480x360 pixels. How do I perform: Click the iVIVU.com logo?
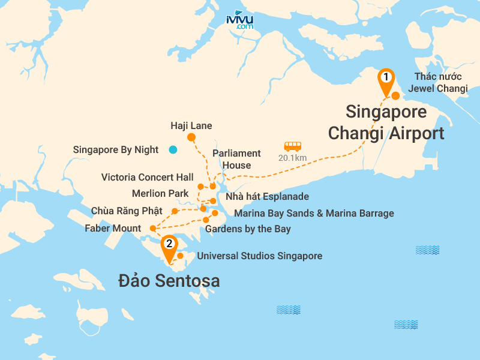(240, 20)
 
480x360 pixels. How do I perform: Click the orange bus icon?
(293, 146)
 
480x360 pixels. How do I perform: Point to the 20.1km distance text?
(293, 158)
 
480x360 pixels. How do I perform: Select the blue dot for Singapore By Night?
(173, 150)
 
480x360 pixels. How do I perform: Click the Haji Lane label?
(191, 126)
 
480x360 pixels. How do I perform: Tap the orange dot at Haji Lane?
(191, 137)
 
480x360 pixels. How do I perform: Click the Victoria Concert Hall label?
(148, 178)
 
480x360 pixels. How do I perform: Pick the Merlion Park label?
(160, 193)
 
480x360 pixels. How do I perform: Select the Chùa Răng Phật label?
(127, 211)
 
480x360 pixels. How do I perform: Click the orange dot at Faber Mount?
(152, 228)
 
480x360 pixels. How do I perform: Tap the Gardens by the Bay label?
(248, 229)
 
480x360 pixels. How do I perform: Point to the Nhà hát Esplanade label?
(267, 197)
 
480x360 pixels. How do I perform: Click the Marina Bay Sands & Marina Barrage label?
(314, 213)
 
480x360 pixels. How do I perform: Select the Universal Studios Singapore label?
(260, 256)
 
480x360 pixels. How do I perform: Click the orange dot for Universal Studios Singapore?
(180, 256)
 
